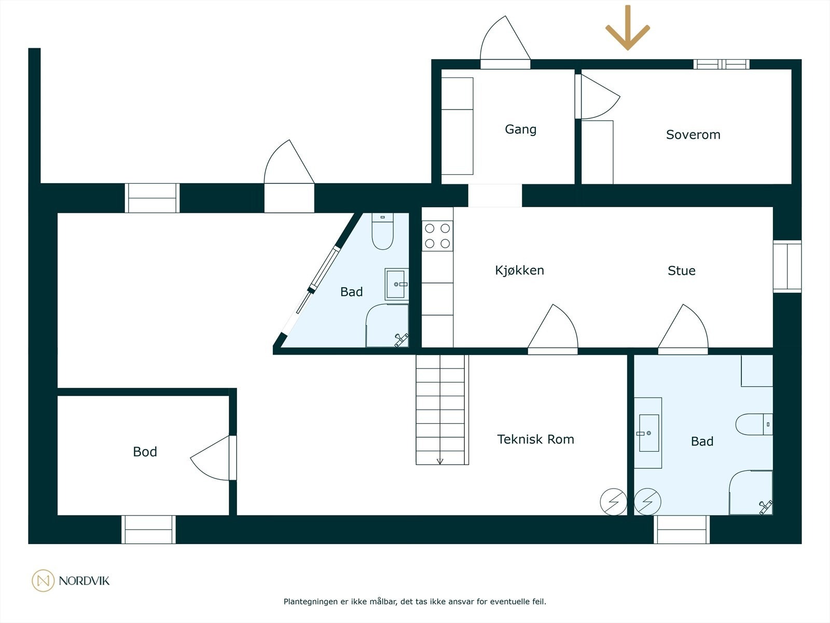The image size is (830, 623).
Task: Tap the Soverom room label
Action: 693,134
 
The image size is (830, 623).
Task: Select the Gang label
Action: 521,129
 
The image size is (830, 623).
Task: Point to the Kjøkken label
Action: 520,270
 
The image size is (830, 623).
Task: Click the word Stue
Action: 682,270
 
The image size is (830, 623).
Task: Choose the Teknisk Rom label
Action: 535,439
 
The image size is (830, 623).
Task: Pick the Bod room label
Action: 145,452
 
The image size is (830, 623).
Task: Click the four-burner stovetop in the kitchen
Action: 437,236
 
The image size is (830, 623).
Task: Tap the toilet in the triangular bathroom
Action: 383,231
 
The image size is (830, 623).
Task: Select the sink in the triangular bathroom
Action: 396,284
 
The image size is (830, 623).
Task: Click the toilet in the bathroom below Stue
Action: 754,424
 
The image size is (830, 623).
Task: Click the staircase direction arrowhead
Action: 440,461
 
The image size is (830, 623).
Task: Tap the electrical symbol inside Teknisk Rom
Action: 613,502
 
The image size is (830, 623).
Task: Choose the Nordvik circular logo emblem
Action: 43,580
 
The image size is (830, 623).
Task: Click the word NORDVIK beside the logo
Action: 84,580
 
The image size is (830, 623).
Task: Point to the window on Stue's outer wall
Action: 787,266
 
